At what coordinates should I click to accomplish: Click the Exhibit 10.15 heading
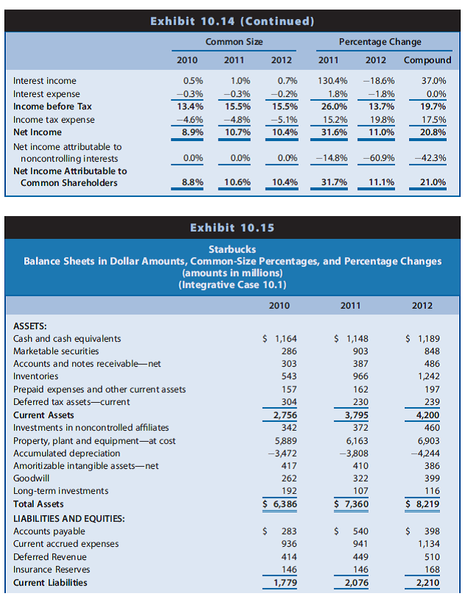[233, 228]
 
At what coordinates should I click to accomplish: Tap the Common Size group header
[234, 42]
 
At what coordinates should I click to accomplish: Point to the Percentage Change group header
[380, 42]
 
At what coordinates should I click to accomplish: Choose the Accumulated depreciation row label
[67, 453]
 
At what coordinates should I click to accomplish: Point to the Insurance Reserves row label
[52, 569]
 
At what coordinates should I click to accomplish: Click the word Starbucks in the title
[233, 250]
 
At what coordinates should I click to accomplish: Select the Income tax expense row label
[54, 119]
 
